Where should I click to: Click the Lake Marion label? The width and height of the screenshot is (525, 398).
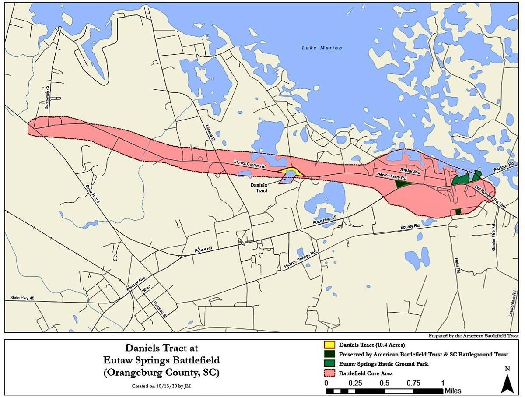click(x=322, y=48)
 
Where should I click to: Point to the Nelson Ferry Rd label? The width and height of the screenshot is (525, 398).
click(x=392, y=176)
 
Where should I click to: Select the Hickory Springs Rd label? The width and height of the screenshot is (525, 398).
click(x=300, y=260)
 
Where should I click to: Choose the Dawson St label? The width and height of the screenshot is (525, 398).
click(x=160, y=309)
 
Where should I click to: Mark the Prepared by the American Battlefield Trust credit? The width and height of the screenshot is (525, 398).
click(x=474, y=335)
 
